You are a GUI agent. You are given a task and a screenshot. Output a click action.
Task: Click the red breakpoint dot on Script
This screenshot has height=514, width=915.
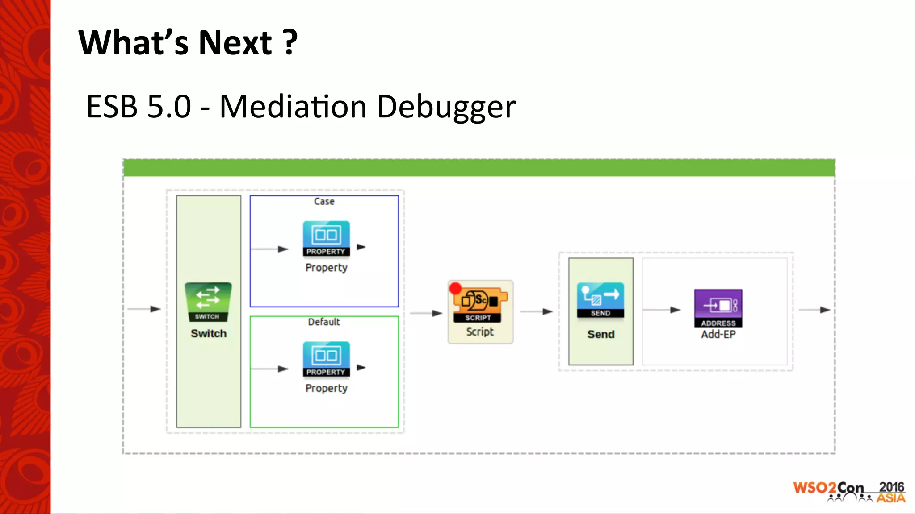tap(455, 288)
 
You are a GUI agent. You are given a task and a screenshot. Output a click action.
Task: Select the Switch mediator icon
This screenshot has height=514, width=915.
tap(208, 302)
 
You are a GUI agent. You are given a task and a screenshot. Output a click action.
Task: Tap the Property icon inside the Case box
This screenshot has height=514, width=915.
tap(326, 238)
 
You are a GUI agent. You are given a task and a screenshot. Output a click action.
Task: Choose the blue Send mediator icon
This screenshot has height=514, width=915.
tap(600, 299)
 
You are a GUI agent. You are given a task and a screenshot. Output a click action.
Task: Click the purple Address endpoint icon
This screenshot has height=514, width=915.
tap(718, 308)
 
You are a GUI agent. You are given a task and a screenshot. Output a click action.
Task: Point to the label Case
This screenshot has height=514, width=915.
tap(324, 202)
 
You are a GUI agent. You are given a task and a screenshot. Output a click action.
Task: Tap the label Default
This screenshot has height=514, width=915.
tap(324, 322)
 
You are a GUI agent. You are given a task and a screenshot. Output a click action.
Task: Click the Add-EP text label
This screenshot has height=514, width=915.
tap(718, 335)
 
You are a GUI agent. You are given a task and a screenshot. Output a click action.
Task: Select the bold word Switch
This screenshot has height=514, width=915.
tap(209, 334)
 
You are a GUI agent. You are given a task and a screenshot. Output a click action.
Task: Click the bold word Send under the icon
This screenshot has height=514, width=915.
tap(600, 335)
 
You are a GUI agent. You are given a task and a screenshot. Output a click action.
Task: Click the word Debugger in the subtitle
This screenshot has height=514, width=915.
tap(446, 107)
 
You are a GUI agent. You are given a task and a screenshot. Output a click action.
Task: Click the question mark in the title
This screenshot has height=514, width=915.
tap(290, 42)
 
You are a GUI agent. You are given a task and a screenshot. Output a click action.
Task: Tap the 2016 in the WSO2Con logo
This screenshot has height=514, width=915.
tap(891, 487)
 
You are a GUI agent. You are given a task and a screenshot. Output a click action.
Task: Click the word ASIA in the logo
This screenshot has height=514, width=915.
tap(890, 498)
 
